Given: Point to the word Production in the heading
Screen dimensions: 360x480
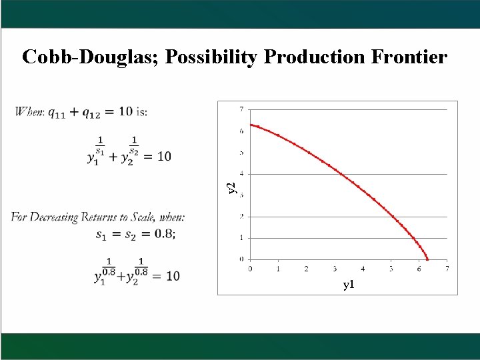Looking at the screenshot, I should point(311,57).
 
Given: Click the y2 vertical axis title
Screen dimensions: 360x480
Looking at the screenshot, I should point(231,188).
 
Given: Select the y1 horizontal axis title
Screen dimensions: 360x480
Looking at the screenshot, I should point(349,285).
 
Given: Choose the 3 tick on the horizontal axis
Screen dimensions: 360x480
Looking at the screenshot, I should point(335,268).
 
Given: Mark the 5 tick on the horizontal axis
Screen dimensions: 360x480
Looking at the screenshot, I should point(391,268).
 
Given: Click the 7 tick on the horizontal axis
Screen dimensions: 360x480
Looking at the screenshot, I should point(447,268).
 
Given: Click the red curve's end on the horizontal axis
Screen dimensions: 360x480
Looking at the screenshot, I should point(427,259).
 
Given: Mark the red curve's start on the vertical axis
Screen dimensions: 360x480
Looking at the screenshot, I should point(251,125).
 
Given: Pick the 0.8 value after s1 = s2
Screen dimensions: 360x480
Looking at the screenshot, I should point(162,234).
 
